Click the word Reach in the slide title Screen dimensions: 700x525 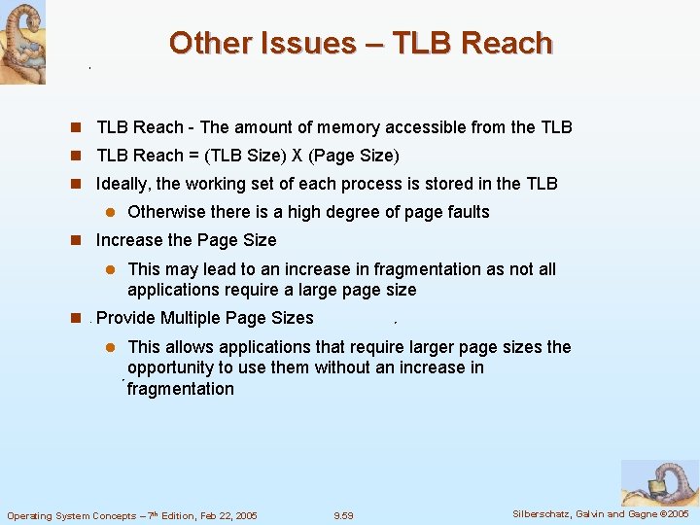[507, 43]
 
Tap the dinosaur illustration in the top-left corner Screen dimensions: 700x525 [22, 41]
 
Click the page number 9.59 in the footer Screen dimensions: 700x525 [343, 515]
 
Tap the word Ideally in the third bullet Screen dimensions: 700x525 [123, 184]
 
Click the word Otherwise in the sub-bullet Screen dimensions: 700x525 [167, 212]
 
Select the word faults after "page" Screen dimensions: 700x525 [467, 212]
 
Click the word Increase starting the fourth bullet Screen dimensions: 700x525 [129, 240]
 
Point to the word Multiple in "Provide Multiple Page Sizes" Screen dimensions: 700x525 [191, 318]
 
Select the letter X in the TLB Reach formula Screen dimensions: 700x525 [297, 156]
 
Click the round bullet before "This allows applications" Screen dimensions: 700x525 [111, 347]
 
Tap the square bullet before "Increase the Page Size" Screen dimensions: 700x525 [74, 240]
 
